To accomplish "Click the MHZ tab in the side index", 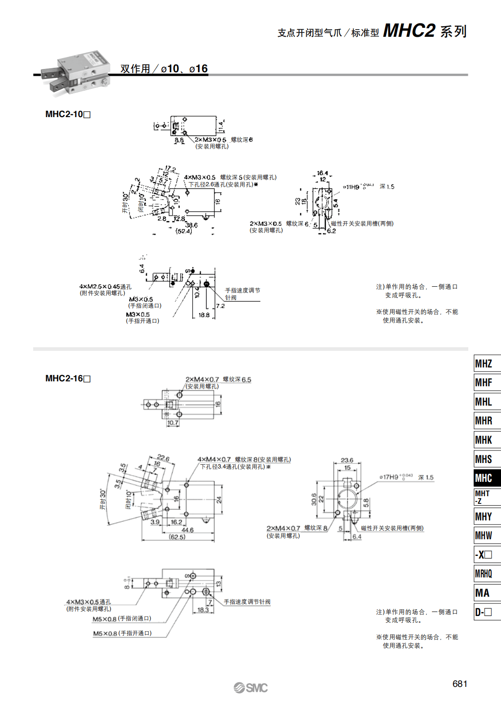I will pos(484,363).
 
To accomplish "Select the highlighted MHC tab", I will pos(484,478).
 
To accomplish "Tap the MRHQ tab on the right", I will pos(484,574).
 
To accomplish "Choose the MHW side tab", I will pos(484,535).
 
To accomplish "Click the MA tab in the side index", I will pos(483,593).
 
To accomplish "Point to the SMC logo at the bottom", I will pos(250,688).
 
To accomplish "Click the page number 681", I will pos(460,684).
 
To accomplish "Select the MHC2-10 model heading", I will pos(68,114).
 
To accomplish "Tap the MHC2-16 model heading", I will pos(68,379).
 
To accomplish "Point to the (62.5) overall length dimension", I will pos(177,537).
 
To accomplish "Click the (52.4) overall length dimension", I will pos(184,232).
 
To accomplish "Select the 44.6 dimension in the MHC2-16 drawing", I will pos(187,530).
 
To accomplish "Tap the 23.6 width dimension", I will pos(347,460).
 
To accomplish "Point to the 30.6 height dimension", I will pos(314,499).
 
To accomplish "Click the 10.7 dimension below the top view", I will pos(173,423).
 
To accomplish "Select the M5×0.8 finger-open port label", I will pos(122,633).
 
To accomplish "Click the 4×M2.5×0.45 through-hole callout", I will pos(105,287).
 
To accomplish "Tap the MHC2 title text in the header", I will pos(409,31).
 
